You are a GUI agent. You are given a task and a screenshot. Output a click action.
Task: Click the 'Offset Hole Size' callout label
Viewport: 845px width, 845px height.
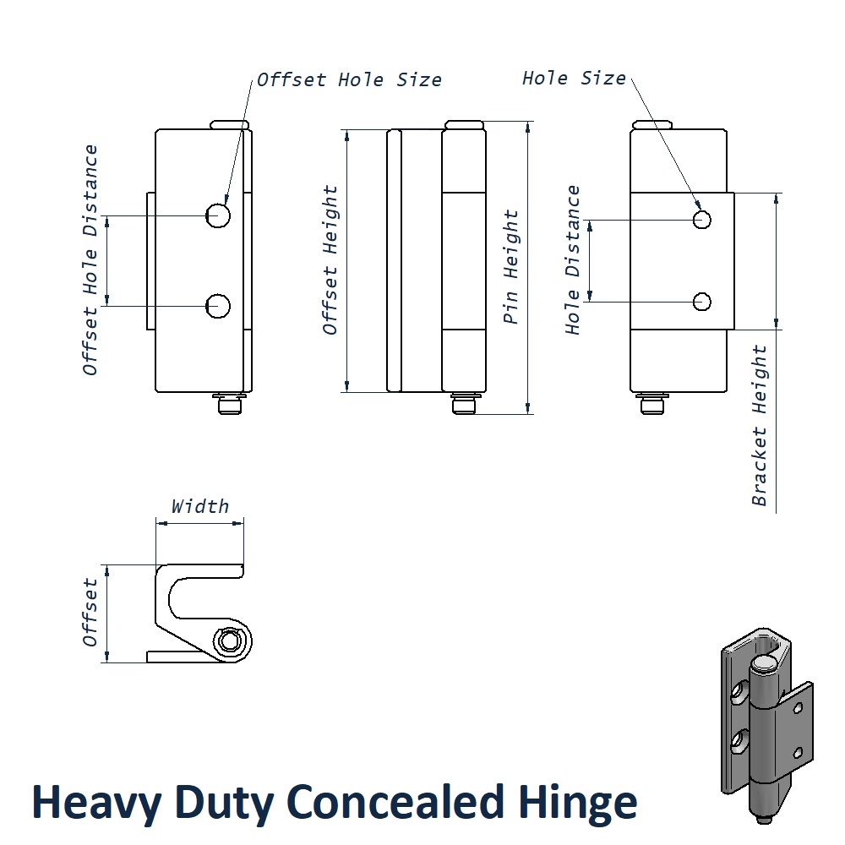349,80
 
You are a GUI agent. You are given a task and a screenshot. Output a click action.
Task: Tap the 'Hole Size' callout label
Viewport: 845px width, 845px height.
574,79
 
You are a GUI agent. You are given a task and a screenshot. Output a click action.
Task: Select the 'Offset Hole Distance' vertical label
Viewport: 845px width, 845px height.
90,260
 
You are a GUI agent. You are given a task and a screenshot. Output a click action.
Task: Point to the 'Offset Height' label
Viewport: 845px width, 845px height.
330,260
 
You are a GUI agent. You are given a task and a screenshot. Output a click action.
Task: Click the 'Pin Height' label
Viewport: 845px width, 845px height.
511,267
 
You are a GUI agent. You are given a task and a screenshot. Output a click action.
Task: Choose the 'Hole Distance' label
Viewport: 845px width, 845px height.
574,260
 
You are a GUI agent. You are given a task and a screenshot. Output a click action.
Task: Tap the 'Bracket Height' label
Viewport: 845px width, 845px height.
760,425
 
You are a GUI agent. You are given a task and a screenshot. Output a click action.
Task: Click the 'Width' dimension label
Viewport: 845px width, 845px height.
200,506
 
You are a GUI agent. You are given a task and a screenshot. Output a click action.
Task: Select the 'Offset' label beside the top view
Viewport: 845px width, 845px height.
90,613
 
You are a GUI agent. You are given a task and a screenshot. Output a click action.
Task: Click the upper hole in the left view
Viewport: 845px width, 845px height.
219,215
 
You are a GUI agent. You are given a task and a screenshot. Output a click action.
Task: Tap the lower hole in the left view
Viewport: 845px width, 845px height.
219,306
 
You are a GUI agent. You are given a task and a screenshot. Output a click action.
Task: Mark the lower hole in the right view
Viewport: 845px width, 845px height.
701,301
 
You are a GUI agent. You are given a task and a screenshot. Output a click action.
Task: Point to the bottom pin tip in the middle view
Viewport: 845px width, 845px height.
462,406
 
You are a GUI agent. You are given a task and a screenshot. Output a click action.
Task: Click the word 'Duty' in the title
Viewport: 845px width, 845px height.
215,803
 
